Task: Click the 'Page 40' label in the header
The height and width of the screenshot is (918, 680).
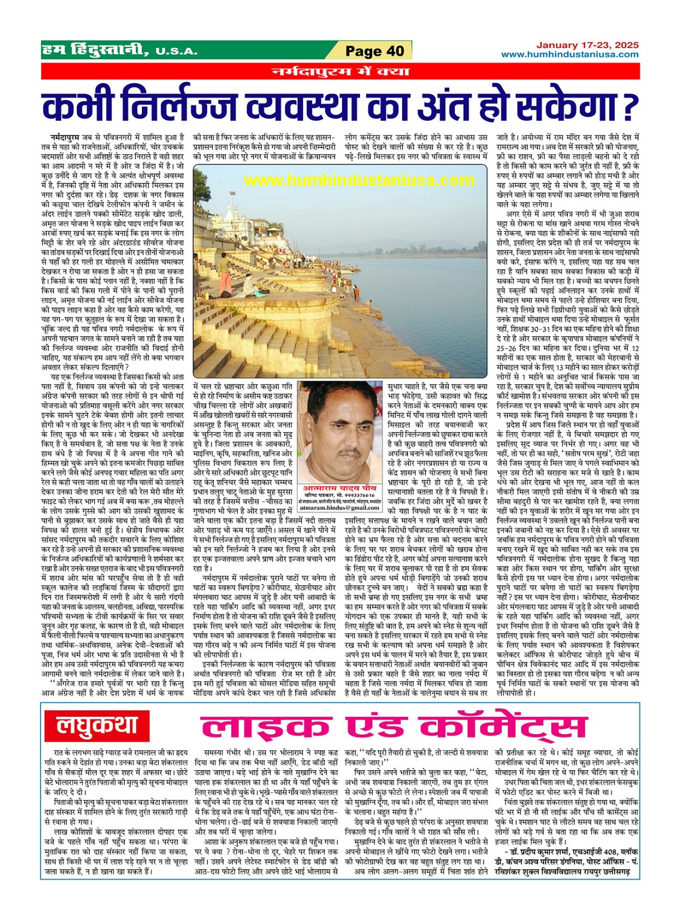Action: [375, 51]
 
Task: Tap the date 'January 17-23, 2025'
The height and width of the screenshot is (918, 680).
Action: [587, 45]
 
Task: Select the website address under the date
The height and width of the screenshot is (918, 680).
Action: [570, 54]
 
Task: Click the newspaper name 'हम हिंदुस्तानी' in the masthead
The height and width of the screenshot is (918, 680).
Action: [95, 50]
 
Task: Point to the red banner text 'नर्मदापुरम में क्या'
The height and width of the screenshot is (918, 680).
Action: [340, 72]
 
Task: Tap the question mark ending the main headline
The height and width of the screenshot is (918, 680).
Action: [628, 107]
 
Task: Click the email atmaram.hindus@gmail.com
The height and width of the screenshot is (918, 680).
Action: [339, 506]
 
